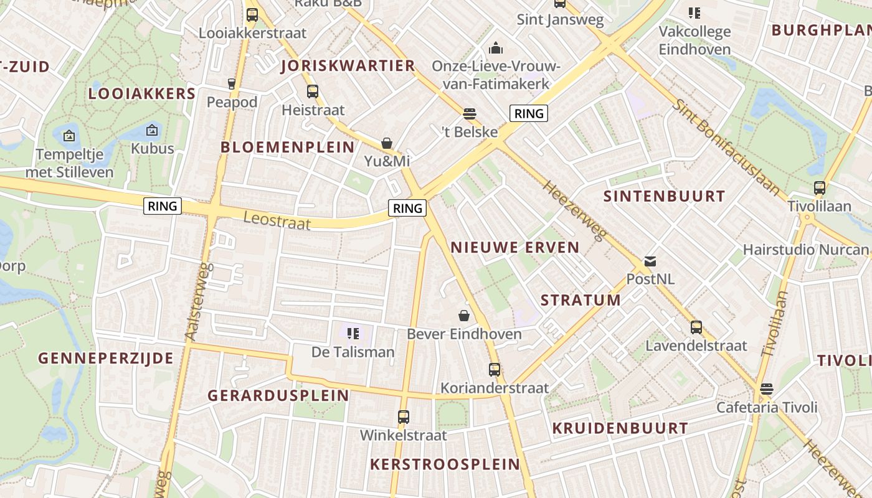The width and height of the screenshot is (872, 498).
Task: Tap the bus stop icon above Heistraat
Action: pos(313,92)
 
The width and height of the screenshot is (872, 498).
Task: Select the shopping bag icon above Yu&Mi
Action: pos(387,143)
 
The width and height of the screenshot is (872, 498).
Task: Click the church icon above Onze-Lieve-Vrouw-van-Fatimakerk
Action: pos(496,47)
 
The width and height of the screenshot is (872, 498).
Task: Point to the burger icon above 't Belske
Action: pos(470,113)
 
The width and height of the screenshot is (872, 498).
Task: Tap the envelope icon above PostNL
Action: pos(650,261)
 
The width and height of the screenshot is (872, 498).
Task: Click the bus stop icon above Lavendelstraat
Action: pos(696,327)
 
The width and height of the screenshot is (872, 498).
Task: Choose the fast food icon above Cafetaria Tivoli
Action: pos(767,389)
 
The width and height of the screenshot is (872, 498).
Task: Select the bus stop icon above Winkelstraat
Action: pos(404,416)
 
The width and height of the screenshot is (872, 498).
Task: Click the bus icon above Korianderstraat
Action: pos(495,370)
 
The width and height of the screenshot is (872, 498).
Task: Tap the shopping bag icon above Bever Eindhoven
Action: pos(464,316)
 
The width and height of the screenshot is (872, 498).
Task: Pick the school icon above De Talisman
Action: pos(353,334)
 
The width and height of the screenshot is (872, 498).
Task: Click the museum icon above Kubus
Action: pos(152,130)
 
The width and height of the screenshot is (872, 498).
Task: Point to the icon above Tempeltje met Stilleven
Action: pos(69,135)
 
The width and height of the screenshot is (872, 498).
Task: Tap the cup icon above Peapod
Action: pos(232,83)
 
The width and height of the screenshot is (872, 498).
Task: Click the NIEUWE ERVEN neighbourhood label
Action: pos(515,247)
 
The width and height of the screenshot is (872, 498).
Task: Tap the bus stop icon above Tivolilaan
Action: pos(820,187)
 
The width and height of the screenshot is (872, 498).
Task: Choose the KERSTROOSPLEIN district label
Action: pos(445,464)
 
